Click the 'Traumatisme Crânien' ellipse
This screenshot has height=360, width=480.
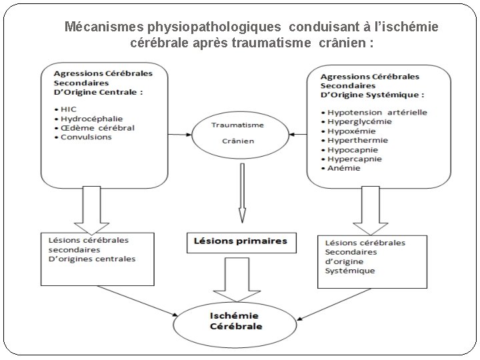(228, 133)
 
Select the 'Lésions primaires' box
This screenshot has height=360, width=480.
(241, 241)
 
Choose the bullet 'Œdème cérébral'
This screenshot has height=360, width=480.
(97, 128)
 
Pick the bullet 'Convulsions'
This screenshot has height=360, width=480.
(86, 137)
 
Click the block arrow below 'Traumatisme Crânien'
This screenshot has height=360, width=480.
(241, 193)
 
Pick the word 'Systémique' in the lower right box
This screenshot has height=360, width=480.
(350, 271)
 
